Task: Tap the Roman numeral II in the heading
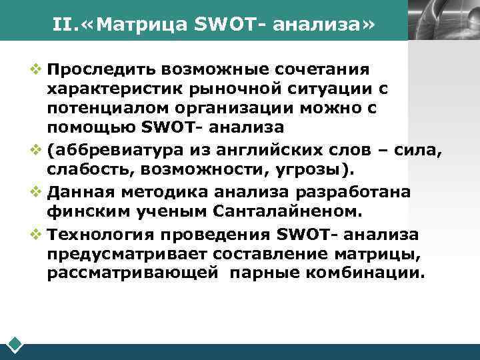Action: point(63,25)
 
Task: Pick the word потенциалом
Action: point(97,107)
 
